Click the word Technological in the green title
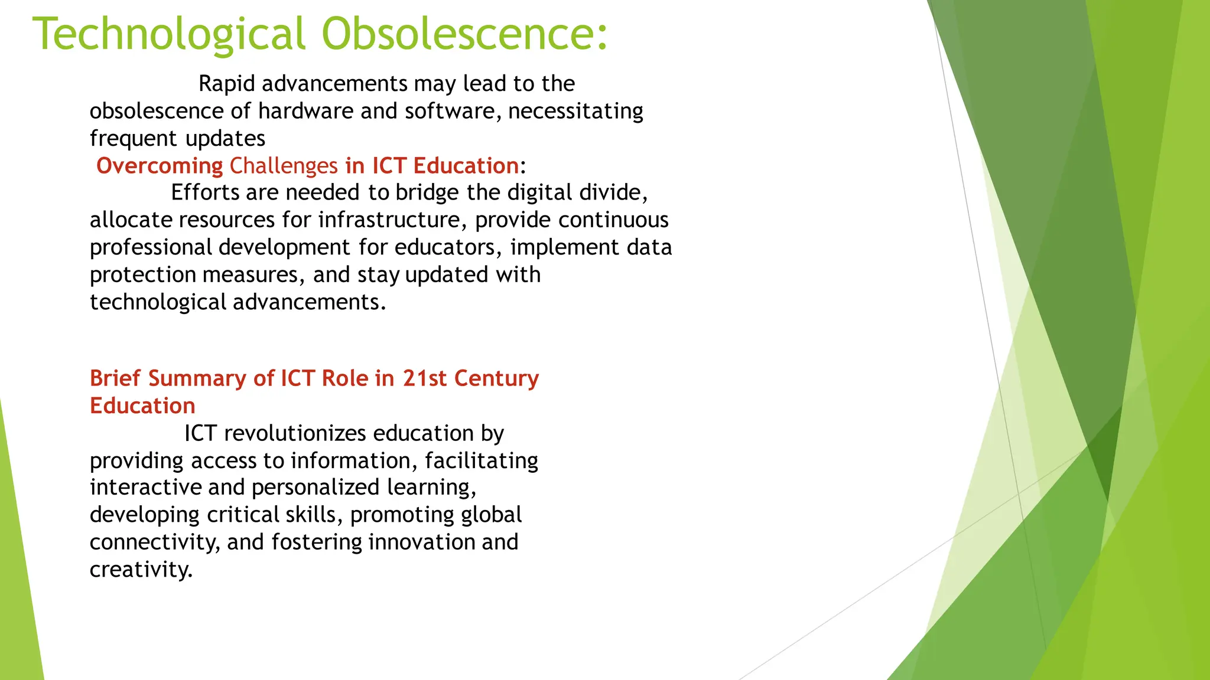[169, 34]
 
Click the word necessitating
[575, 111]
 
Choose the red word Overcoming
[160, 166]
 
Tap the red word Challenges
[284, 166]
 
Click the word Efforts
[206, 192]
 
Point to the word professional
[151, 247]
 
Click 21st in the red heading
[425, 378]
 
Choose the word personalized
[315, 488]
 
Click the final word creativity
[141, 570]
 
